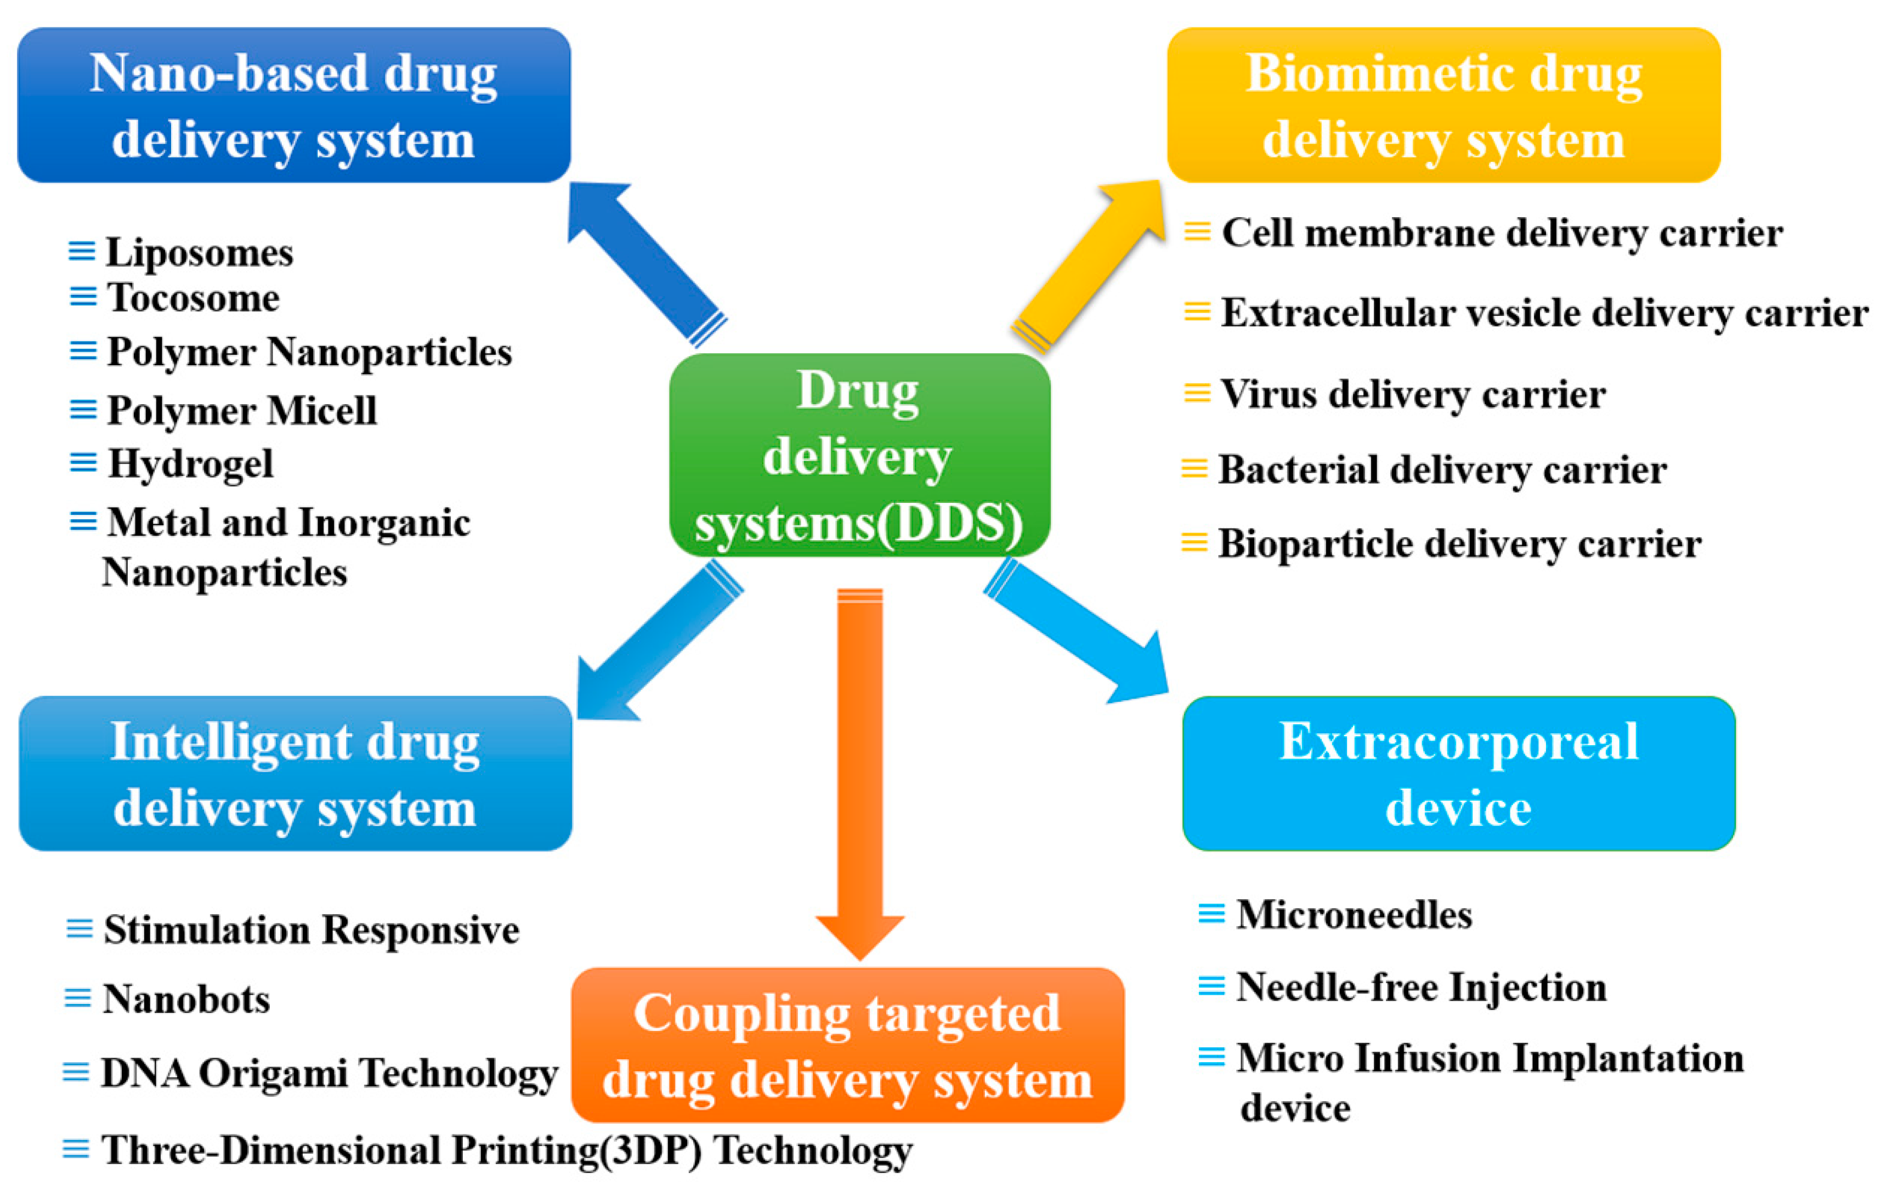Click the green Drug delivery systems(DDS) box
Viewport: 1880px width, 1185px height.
coord(859,455)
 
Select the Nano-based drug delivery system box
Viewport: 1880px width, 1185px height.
coord(293,105)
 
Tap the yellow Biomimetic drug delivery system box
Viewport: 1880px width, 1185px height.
coord(1443,105)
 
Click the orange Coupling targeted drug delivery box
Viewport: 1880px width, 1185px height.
coord(847,1045)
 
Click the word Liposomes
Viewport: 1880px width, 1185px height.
coord(199,252)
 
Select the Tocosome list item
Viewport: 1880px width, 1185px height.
coord(193,297)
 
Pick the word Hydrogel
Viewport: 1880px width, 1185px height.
coord(190,464)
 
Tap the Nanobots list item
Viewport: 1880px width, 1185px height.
coord(186,999)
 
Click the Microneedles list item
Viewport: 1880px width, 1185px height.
coord(1354,914)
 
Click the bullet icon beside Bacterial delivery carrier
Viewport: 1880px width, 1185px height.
coord(1194,468)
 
